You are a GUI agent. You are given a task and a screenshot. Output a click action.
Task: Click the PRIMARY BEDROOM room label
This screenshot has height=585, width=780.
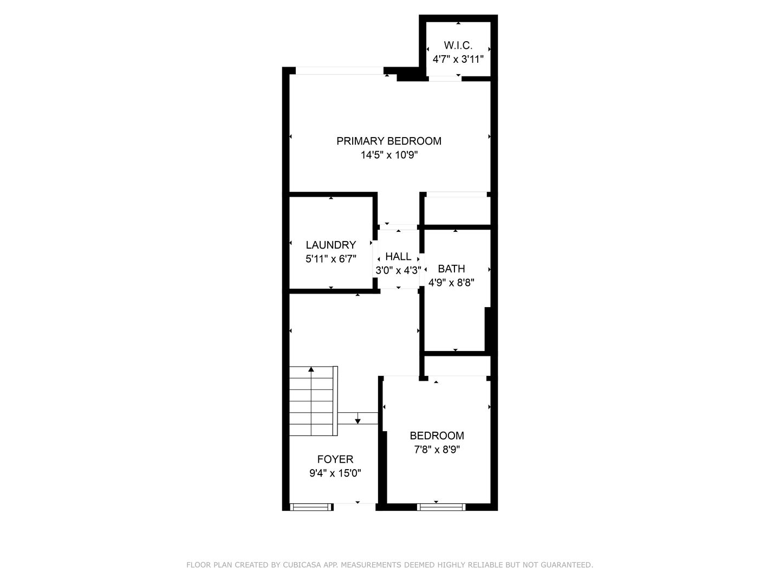[x=389, y=141]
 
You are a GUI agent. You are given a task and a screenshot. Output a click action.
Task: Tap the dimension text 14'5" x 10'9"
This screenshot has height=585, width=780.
[x=389, y=155]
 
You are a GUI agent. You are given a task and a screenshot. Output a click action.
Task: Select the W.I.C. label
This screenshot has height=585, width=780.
[x=458, y=45]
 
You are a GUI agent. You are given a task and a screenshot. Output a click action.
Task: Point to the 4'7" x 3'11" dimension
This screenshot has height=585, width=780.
[x=458, y=58]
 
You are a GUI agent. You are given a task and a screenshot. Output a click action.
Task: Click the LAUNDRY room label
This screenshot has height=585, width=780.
[x=330, y=245]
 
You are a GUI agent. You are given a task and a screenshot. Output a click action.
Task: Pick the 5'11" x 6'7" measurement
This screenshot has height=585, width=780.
[x=330, y=259]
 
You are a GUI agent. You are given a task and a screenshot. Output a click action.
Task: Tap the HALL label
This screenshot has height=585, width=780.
[x=398, y=257]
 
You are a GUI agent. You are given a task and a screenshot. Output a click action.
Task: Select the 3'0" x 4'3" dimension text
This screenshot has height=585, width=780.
[x=398, y=270]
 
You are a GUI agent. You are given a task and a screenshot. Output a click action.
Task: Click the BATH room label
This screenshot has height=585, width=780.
[x=451, y=269]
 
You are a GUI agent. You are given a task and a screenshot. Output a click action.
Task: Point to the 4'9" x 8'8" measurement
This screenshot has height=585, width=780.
[x=451, y=282]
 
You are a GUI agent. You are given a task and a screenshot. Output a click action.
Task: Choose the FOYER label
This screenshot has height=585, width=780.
[x=335, y=459]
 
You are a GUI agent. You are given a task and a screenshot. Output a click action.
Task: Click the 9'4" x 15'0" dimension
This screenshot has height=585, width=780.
[x=335, y=473]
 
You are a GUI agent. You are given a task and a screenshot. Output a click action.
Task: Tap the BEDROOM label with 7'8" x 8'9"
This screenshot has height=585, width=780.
[x=437, y=435]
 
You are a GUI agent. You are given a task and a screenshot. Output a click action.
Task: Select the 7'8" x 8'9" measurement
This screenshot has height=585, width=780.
[x=437, y=449]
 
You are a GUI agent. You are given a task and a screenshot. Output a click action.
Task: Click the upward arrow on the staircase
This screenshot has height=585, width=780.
[x=311, y=370]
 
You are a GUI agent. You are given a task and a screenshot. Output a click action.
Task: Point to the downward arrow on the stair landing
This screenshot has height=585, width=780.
[x=357, y=420]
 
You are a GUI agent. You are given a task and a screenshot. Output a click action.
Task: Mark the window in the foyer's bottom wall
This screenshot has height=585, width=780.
[x=311, y=507]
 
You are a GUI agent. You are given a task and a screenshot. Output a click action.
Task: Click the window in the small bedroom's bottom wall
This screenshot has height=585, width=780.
[x=441, y=507]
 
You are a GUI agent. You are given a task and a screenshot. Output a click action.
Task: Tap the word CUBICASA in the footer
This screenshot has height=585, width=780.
[x=302, y=565]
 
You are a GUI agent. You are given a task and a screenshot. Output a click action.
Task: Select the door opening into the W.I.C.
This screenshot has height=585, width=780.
[x=445, y=79]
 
